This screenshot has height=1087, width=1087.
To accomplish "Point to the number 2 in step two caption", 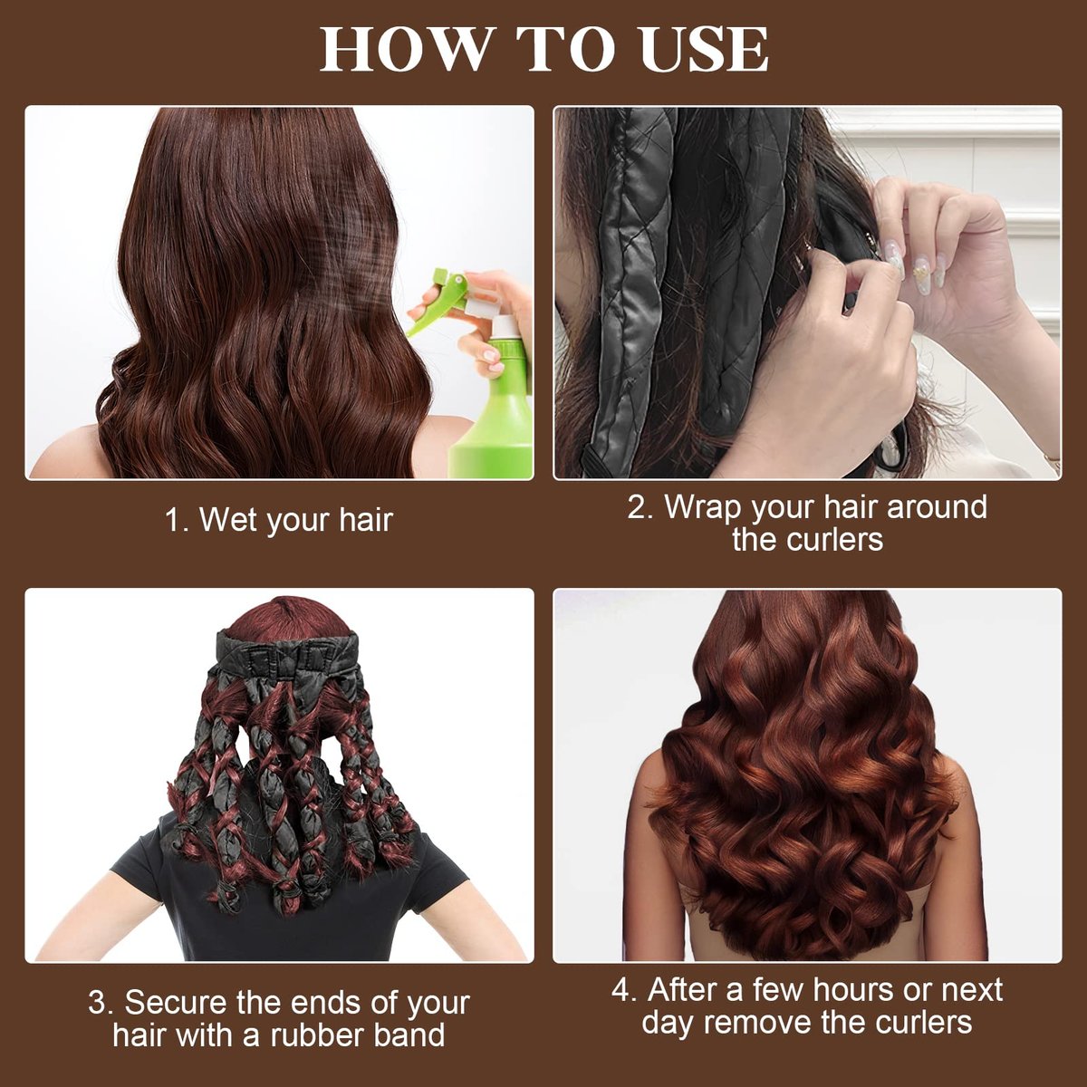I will [x=640, y=507].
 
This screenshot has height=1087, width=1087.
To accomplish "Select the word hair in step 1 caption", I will [x=366, y=520].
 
